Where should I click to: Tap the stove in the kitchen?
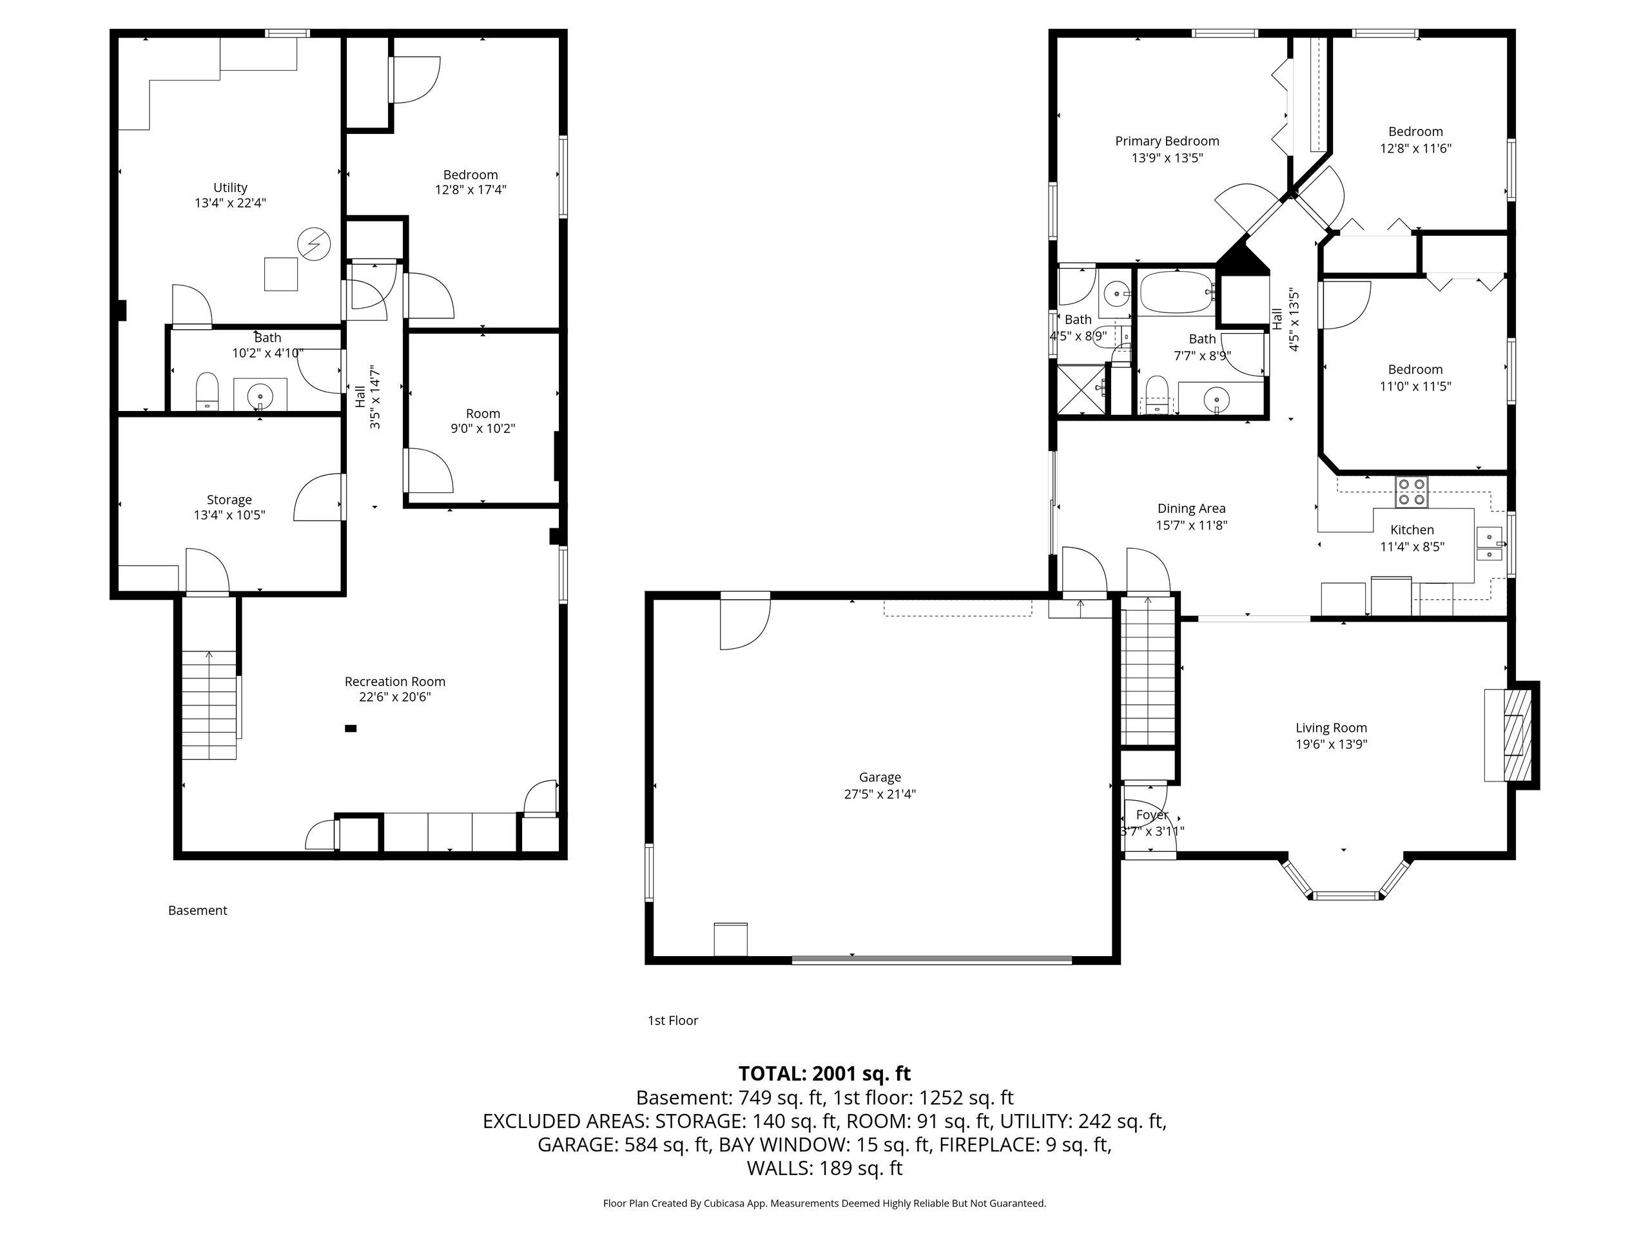click(x=1412, y=492)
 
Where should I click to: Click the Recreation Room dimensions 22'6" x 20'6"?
click(x=394, y=697)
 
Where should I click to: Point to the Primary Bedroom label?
click(x=1167, y=141)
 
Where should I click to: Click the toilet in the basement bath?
click(x=207, y=392)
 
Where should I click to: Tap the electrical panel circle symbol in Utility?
click(x=314, y=244)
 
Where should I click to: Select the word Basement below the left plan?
click(x=198, y=910)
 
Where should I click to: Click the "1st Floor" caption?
click(x=673, y=1020)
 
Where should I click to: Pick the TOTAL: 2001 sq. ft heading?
click(x=824, y=1074)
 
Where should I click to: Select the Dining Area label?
click(x=1191, y=508)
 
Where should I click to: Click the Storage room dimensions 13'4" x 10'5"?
click(x=229, y=515)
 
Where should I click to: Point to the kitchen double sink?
click(x=1489, y=545)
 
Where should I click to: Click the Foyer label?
click(x=1152, y=815)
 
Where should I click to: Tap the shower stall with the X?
click(x=1081, y=388)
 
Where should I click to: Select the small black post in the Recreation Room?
click(x=351, y=729)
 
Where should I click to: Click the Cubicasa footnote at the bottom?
click(x=824, y=1203)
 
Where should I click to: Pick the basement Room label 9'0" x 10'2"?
click(x=483, y=421)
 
